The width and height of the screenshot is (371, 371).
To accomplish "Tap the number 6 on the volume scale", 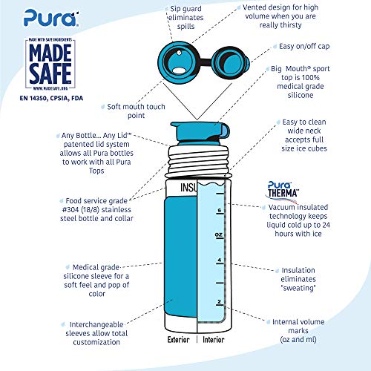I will click(x=219, y=210).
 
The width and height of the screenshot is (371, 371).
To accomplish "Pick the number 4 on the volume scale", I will click(x=219, y=260).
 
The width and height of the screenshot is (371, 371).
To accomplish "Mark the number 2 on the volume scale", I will click(x=219, y=301).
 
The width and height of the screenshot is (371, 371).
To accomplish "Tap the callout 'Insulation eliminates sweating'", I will click(x=300, y=280).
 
